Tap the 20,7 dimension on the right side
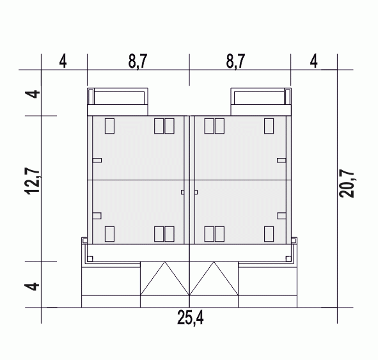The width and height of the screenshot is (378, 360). (347, 184)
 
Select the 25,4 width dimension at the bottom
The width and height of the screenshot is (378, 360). (190, 318)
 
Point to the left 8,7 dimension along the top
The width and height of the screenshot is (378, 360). (138, 61)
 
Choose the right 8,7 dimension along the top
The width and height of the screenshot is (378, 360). (235, 61)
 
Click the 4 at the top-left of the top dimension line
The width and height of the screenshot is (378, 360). (63, 61)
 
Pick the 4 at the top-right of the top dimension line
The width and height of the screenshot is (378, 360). (313, 61)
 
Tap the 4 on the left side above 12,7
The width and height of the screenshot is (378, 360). (32, 94)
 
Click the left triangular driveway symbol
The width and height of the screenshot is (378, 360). (164, 278)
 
